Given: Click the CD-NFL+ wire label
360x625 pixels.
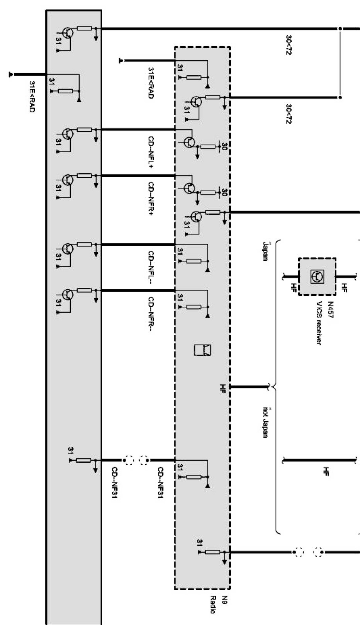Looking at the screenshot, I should [x=151, y=153].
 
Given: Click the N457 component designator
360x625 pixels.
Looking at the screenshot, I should [x=331, y=309].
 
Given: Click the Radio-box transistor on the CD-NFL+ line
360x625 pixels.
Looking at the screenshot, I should [x=189, y=142].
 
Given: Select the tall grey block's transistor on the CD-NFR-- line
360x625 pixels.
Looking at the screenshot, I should [x=68, y=295].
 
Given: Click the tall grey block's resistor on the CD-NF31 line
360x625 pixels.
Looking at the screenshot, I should [x=84, y=460].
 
